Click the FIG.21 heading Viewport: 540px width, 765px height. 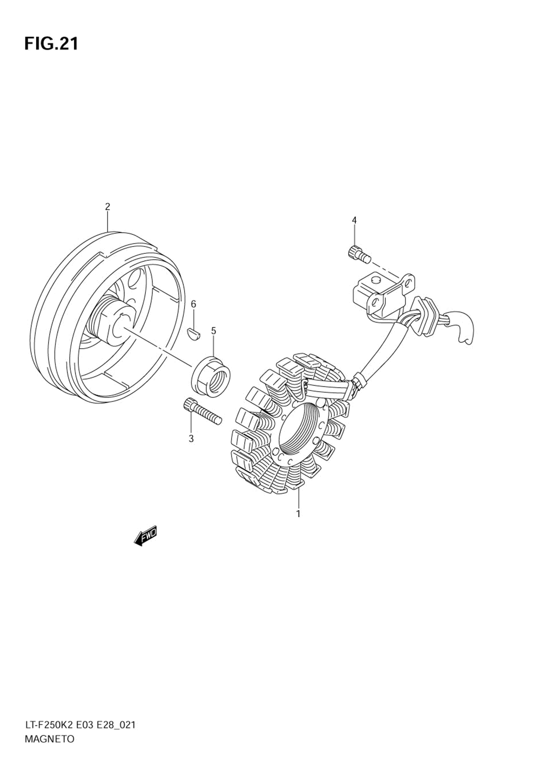51,44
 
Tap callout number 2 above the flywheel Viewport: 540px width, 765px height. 107,206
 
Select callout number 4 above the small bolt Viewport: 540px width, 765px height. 354,220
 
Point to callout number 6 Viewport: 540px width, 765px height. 193,304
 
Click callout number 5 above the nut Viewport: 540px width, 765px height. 213,330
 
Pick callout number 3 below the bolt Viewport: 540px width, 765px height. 191,439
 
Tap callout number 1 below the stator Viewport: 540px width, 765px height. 298,514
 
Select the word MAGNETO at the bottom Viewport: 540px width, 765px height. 49,739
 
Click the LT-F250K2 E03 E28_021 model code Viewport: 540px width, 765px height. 79,725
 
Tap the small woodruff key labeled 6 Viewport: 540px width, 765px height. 194,334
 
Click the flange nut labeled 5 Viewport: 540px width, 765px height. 211,375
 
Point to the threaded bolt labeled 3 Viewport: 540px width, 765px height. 202,412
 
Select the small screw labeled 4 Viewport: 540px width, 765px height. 357,253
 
